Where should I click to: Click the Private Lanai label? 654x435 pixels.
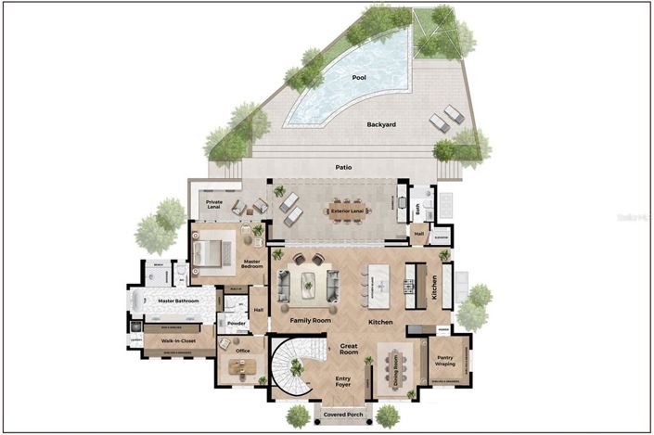pyautogui.click(x=213, y=203)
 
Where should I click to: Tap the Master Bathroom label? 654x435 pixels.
pyautogui.click(x=179, y=301)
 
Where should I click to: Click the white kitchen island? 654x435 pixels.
pyautogui.click(x=379, y=284)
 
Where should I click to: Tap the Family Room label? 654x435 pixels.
pyautogui.click(x=310, y=321)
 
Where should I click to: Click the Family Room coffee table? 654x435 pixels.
pyautogui.click(x=309, y=284)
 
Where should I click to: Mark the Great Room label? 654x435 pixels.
pyautogui.click(x=349, y=349)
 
